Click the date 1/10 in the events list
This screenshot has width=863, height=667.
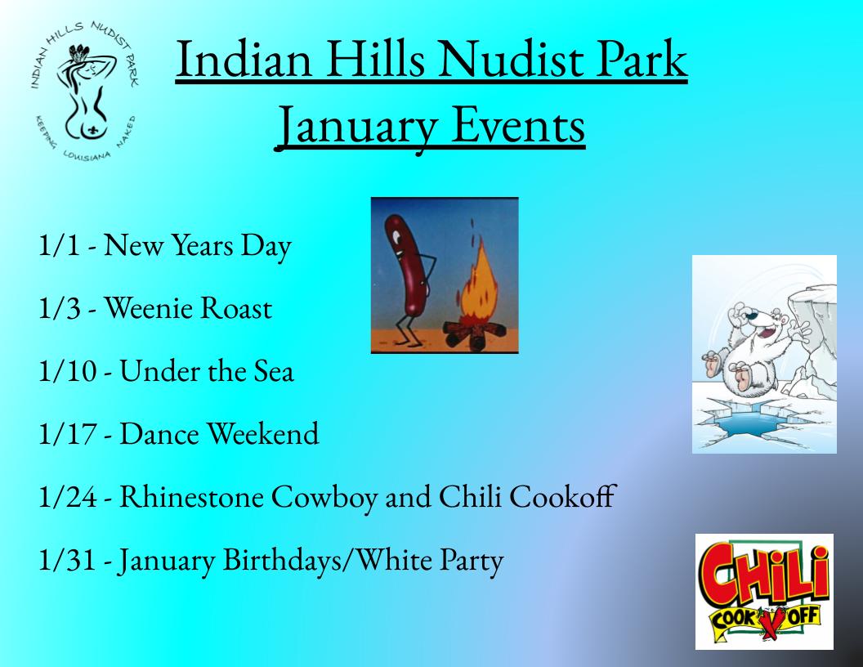(x=67, y=370)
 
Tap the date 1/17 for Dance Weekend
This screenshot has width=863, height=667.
(x=67, y=433)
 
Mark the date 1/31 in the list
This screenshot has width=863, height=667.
(x=67, y=560)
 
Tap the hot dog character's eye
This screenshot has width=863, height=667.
(x=396, y=237)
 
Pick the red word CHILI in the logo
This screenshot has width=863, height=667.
(x=764, y=575)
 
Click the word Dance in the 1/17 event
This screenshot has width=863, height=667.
(x=159, y=434)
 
